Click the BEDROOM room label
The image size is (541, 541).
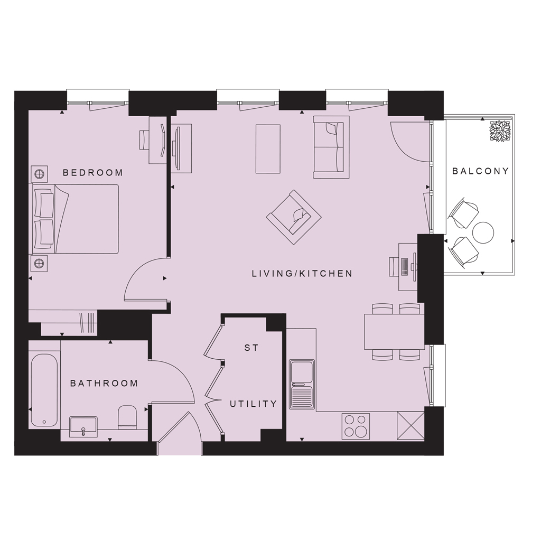[x=93, y=173]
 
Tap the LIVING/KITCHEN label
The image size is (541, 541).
[x=303, y=274]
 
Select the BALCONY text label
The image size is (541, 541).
[x=481, y=171]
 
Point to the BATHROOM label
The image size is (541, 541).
[x=104, y=384]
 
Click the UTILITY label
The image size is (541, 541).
[x=254, y=404]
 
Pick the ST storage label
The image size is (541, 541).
[x=251, y=348]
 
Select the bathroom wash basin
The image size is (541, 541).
[x=83, y=427]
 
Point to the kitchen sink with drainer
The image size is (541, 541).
[x=302, y=385]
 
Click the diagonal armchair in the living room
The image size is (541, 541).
[x=294, y=217]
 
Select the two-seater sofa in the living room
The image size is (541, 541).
[x=331, y=147]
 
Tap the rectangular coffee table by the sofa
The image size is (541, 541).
[x=268, y=148]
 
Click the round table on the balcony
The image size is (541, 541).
[x=483, y=232]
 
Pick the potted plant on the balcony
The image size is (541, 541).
[x=499, y=130]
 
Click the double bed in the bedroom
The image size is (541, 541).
[x=76, y=219]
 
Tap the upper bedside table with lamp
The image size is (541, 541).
[x=40, y=174]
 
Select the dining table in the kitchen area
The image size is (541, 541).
[x=394, y=332]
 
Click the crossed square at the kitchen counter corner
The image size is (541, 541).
[x=411, y=426]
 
